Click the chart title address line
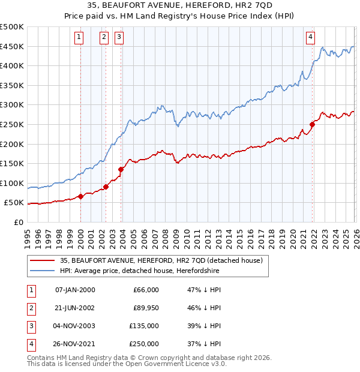click(179, 7)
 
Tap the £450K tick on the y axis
click(12, 46)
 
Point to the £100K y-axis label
click(12, 183)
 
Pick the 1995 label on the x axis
click(28, 233)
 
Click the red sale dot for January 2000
click(80, 196)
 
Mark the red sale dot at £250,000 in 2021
click(312, 124)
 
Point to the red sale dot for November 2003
click(121, 169)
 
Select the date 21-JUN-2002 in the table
click(74, 307)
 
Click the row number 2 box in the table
click(30, 307)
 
